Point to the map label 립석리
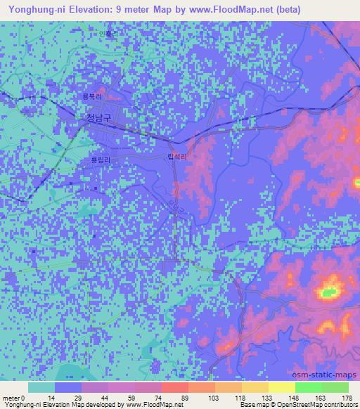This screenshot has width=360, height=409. [178, 158]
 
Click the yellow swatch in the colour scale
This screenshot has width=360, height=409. [282, 387]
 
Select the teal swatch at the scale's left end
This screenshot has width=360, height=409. [41, 387]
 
